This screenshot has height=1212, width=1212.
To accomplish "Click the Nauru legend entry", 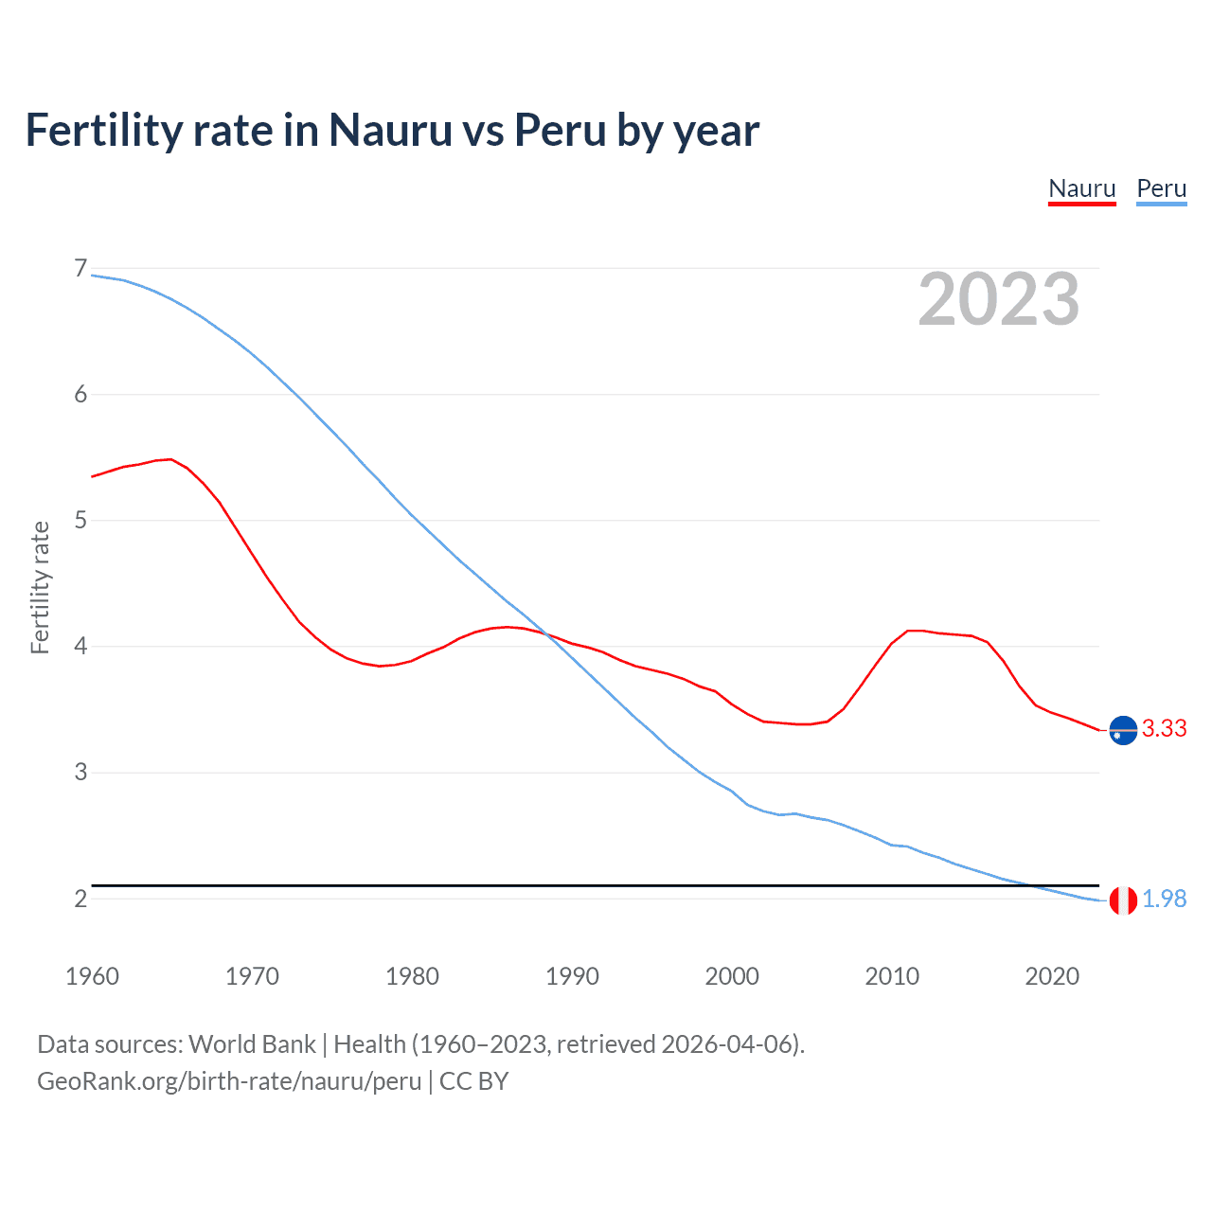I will pos(1082,188).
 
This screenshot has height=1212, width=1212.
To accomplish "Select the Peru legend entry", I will pos(1161,188).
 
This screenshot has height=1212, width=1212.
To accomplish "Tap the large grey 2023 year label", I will pos(999,299).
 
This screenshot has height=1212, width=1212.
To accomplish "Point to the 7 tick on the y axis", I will pos(80,269).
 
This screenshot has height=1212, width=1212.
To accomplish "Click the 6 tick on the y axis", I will pos(80,395).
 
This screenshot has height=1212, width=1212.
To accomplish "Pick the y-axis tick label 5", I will pos(80,521).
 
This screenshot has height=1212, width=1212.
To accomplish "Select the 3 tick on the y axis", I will pos(80,773).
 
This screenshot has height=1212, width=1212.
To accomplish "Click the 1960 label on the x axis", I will pos(92,976).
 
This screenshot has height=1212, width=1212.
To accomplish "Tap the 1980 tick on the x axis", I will pos(412,976).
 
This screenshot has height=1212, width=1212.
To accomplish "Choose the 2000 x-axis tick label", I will pos(732,976).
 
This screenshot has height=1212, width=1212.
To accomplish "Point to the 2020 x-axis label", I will pos(1052,976).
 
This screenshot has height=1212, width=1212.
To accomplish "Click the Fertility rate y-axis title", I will pos(40,587).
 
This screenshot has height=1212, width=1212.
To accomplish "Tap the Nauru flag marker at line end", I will pos(1123,730).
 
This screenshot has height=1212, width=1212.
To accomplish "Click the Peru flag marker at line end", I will pos(1123,900).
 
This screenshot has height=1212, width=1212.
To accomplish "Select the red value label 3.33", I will pos(1165,728).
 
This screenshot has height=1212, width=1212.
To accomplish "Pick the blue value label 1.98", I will pos(1165,899).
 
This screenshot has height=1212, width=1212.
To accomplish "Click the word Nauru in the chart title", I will pos(390,130).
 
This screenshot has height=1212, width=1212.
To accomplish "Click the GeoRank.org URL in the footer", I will pos(229,1080).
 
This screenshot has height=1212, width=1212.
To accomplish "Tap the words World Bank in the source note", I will pos(252,1044).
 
